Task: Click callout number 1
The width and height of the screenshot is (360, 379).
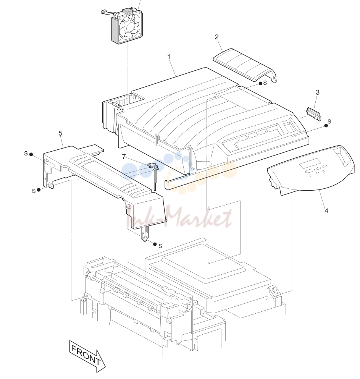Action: point(169,57)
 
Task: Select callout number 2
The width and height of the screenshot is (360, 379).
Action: point(216,37)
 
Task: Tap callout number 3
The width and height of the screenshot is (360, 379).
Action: point(318,92)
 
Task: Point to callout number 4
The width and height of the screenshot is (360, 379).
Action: point(326,211)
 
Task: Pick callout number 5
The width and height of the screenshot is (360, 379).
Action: point(60,133)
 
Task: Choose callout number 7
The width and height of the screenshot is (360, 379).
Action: point(124,157)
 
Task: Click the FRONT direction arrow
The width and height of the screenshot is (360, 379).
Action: point(87,356)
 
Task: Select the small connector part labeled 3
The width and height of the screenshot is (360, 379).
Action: point(314,114)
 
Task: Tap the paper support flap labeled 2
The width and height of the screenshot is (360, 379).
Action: point(245,65)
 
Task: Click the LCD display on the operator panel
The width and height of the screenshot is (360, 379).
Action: point(310,164)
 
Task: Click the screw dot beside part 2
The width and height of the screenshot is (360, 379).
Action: point(260,83)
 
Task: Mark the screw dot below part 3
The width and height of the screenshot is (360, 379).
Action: point(326,125)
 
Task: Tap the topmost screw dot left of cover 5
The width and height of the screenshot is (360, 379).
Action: point(31,154)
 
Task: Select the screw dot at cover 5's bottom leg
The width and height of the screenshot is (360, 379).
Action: point(155,244)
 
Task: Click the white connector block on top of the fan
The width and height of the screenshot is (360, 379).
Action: point(126,11)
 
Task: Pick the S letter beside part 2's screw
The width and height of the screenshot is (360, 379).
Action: point(265,83)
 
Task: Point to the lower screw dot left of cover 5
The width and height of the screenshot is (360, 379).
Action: point(39,189)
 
